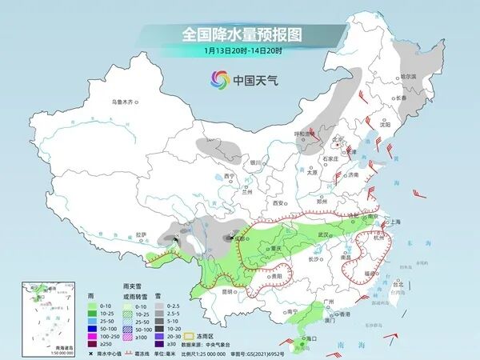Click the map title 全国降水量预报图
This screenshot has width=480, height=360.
point(240,34)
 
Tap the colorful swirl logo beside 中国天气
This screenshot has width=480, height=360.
point(219,79)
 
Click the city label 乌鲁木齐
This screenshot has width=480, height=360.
point(124,102)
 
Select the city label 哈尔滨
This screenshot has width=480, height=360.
point(408,76)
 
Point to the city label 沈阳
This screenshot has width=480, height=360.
point(385,125)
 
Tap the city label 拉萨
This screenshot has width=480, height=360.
point(142,234)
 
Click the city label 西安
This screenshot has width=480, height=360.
point(278,203)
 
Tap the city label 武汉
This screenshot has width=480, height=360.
point(323,234)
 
